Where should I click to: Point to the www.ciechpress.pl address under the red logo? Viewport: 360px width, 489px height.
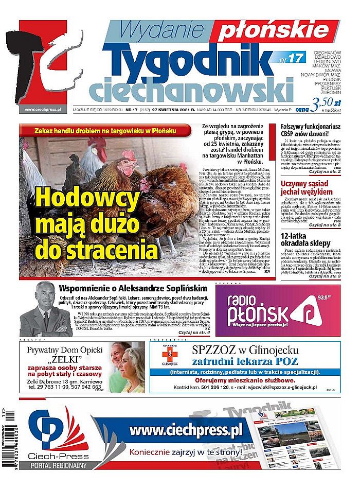[x=43, y=110]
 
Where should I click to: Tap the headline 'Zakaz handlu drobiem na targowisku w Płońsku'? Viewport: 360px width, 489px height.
[x=105, y=131]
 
